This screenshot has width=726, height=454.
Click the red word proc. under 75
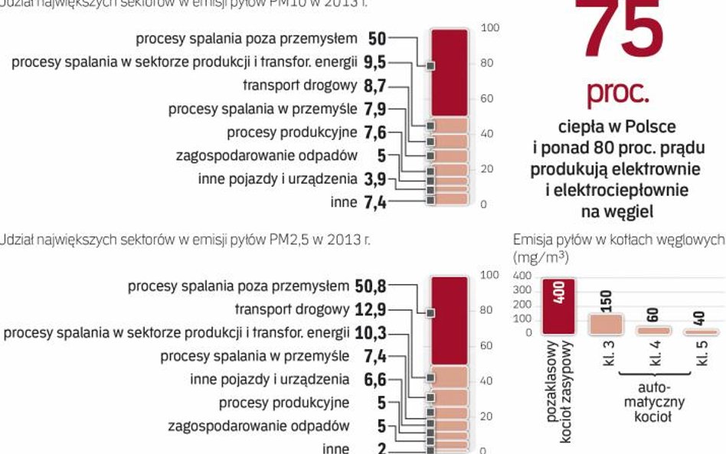618,92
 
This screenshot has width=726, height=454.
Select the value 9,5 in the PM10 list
375,62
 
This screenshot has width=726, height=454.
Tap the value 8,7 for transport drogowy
375,86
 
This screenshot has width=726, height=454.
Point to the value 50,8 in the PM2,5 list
371,286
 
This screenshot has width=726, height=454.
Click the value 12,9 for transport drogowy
371,310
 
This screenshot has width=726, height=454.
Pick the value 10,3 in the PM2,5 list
371,333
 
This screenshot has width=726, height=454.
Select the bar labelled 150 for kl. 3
606,323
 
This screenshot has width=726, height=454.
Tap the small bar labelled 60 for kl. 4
653,330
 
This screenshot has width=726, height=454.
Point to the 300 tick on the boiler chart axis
522,290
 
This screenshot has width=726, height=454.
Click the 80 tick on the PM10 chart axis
487,64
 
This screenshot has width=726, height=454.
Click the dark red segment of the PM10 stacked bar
449,72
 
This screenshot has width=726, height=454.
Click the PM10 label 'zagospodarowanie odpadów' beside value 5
267,155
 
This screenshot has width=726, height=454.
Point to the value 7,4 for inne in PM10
375,202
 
